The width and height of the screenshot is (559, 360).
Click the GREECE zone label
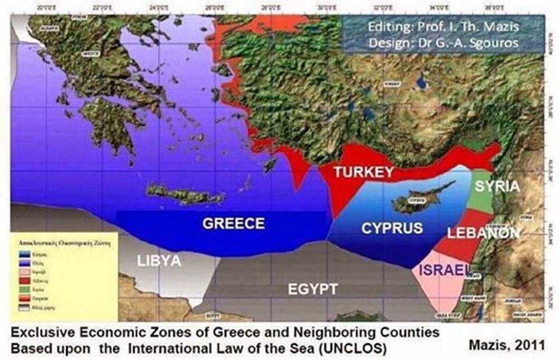point(233,223)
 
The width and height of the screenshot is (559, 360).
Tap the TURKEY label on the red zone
point(364,172)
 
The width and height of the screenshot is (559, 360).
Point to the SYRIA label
point(495,186)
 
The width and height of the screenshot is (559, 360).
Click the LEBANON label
point(483,232)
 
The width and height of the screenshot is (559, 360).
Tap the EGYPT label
point(312,289)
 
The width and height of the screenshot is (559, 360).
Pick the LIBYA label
point(159,261)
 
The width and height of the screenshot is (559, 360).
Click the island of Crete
point(185,194)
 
